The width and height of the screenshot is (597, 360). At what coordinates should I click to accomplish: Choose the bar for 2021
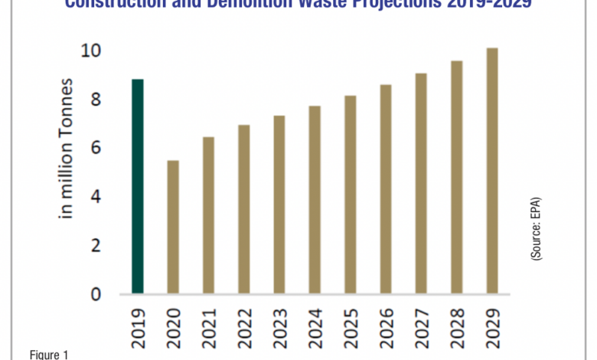(x=208, y=215)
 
